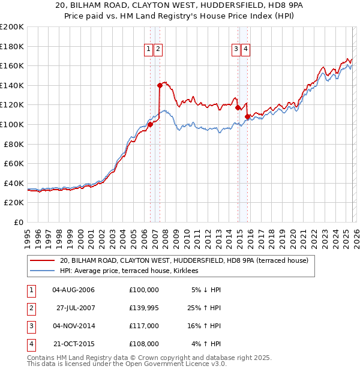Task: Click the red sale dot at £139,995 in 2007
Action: coord(160,85)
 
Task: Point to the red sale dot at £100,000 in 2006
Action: coord(150,124)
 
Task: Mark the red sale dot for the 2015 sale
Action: coord(247,116)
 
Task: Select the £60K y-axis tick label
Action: coord(14,163)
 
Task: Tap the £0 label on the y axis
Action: coord(18,222)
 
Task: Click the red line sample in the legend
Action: coord(43,260)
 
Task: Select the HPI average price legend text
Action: coord(133,271)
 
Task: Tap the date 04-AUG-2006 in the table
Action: coord(73,290)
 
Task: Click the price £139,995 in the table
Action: coord(143,308)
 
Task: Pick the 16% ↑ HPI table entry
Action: coord(205,326)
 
